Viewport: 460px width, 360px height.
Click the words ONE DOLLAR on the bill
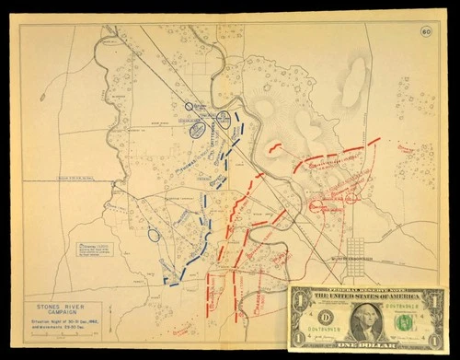tap(366, 345)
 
